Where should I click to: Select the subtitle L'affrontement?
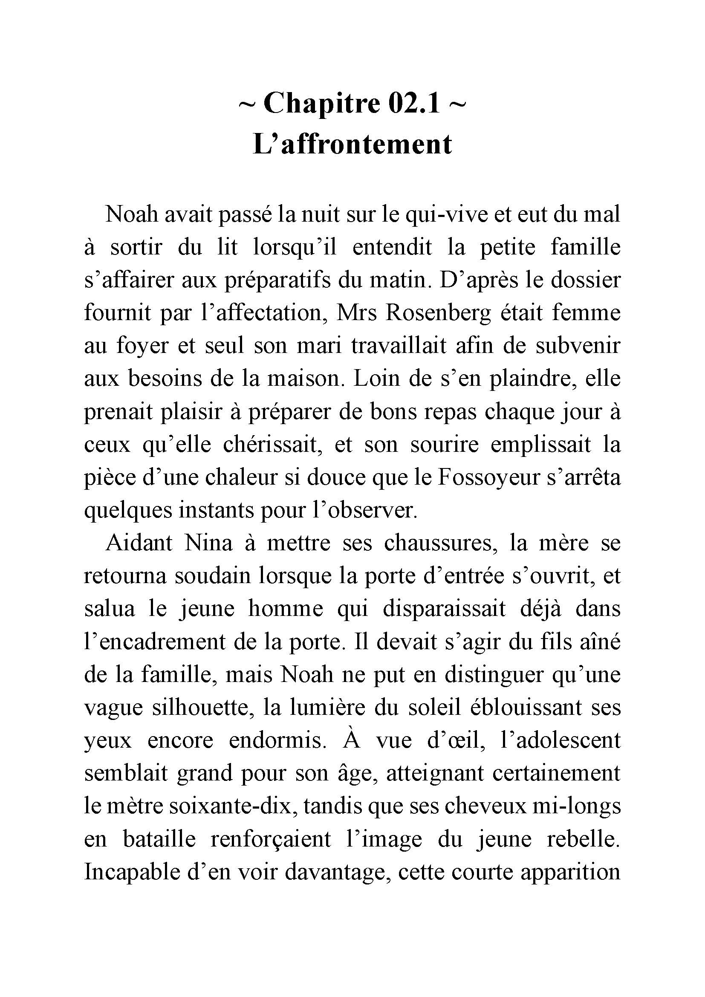pyautogui.click(x=352, y=144)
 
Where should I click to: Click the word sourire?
pyautogui.click(x=445, y=445)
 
